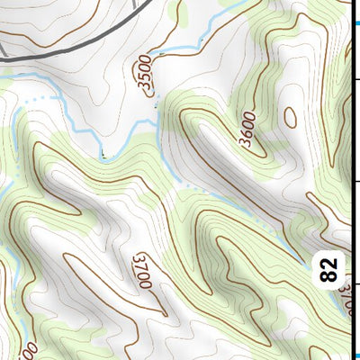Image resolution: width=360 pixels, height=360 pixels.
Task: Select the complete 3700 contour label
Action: (140, 270)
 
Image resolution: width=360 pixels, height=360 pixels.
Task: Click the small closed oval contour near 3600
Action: (290, 116)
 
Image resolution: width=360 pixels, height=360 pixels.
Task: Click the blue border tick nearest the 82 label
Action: (357, 355)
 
